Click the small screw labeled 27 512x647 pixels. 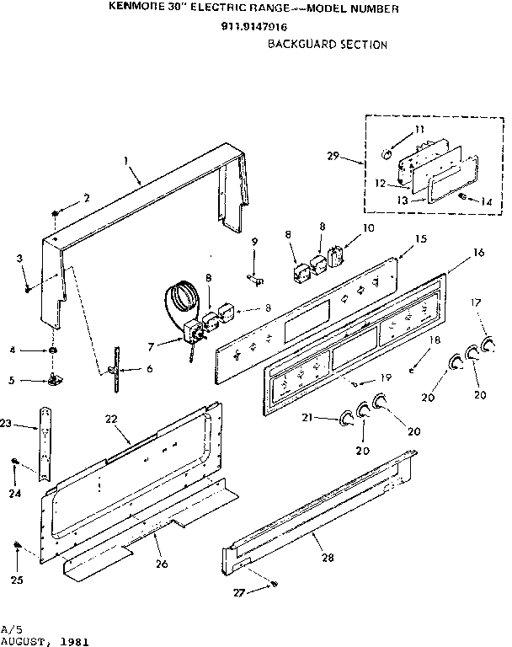[x=274, y=585]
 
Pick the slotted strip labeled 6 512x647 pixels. [x=111, y=372]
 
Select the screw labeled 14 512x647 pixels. [x=463, y=196]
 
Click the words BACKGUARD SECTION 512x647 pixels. [x=328, y=44]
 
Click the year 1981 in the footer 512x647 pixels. [x=71, y=640]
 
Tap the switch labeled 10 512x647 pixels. [x=336, y=256]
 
